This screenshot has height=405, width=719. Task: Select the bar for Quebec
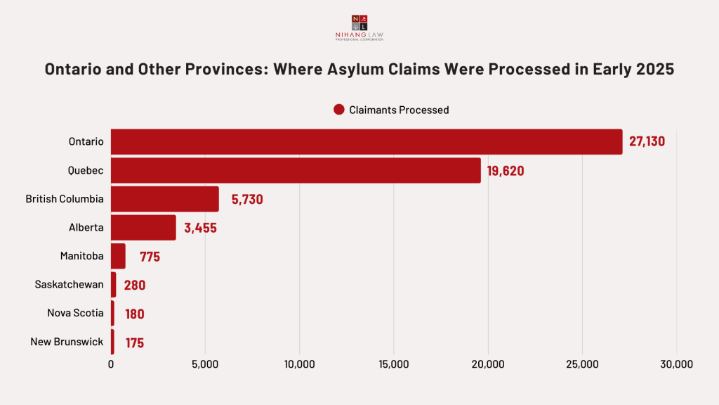[x=296, y=170]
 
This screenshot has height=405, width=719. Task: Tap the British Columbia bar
[x=165, y=199]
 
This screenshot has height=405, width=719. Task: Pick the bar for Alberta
[x=143, y=228]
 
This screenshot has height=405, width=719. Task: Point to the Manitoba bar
[x=118, y=256]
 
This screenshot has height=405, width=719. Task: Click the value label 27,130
[x=647, y=141]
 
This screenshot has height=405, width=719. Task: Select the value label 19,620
[x=506, y=171]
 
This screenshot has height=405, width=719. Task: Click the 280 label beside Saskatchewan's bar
[x=135, y=285]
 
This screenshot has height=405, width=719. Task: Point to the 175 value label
[x=135, y=343]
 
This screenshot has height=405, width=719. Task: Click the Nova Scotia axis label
[x=76, y=313]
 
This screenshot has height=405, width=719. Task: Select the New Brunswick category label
[x=67, y=342]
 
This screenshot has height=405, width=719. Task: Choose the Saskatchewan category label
[x=70, y=284]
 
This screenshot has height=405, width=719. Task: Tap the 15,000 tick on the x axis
[x=393, y=364]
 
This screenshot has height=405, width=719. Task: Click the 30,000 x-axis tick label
[x=675, y=364]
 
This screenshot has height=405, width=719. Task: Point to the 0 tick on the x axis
[x=111, y=364]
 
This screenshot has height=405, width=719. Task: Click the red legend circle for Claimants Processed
[x=339, y=110]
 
